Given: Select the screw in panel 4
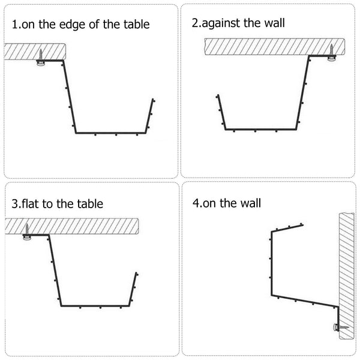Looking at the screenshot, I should tap(340, 326).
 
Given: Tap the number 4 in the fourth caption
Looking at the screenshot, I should tap(196, 203).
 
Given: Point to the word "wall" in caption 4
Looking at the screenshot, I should tap(250, 203).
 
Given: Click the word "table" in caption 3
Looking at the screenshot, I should tap(89, 203).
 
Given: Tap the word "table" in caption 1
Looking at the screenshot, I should tap(135, 25).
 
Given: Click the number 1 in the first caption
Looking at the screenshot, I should tap(14, 25).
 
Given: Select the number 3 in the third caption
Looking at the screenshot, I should tap(14, 203).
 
